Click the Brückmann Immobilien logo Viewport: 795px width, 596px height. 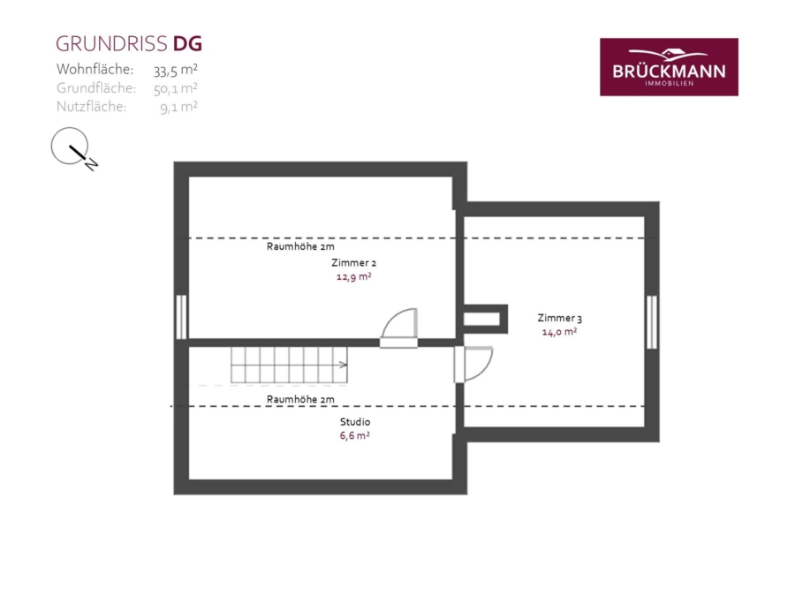[669, 67]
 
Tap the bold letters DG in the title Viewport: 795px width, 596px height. [187, 44]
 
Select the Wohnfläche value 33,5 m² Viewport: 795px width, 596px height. [176, 70]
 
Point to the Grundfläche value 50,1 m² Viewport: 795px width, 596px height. [176, 88]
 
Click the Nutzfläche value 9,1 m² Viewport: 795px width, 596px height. [178, 107]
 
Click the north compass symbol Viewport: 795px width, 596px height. [73, 148]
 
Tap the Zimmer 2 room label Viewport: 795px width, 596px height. [354, 262]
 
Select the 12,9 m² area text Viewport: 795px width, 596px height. [354, 276]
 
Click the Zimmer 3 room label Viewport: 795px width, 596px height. [560, 318]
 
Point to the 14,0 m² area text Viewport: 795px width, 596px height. [559, 332]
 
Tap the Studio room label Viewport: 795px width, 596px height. [355, 422]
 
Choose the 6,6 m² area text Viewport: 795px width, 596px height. [354, 435]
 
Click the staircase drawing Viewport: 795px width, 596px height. [289, 365]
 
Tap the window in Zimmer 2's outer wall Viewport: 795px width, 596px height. [181, 317]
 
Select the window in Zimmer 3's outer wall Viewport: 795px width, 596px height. [652, 322]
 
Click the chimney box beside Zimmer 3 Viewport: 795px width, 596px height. [485, 320]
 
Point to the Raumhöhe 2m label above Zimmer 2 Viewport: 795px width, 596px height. [300, 247]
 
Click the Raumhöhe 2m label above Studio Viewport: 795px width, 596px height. [300, 399]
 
